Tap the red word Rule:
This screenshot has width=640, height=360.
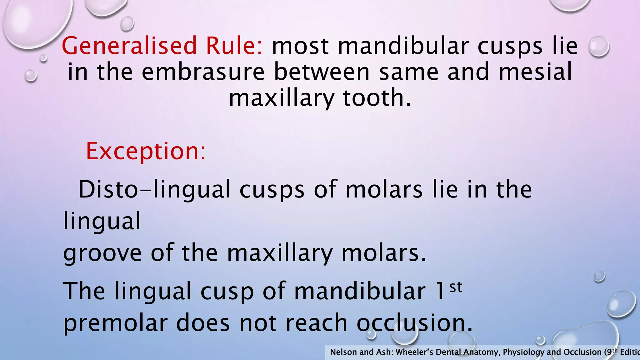[x=234, y=46]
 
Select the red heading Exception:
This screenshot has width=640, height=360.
[x=146, y=151]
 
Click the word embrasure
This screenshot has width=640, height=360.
[x=203, y=72]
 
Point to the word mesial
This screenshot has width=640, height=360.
[x=535, y=72]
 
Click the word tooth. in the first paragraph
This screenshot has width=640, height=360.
[x=377, y=98]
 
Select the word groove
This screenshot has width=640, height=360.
[x=102, y=253]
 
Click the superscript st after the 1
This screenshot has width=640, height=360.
[x=456, y=287]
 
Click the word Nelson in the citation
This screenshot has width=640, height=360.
[x=343, y=352]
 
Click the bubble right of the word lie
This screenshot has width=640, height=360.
[x=598, y=47]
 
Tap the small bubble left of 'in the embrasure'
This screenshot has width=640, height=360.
[x=31, y=76]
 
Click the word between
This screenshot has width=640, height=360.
[x=322, y=72]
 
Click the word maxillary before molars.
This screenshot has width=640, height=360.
[x=280, y=253]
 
